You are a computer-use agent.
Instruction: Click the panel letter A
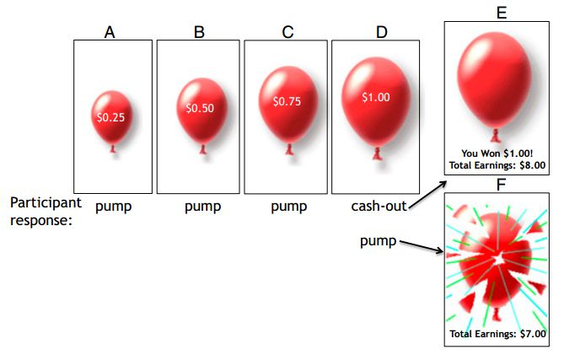(110, 32)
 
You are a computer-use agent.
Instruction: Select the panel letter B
(199, 32)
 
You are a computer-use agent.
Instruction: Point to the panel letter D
(381, 32)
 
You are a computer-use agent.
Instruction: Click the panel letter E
(501, 13)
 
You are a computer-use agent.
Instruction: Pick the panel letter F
(501, 184)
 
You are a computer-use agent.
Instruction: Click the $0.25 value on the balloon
(110, 117)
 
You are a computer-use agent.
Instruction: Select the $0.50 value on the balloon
(201, 109)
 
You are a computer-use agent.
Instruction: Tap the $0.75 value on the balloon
(287, 100)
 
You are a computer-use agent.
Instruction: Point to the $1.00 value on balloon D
(376, 97)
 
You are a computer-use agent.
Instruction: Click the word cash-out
(380, 206)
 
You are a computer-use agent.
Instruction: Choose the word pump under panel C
(289, 206)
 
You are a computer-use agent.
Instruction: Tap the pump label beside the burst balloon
(379, 242)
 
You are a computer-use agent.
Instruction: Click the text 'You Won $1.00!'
(497, 153)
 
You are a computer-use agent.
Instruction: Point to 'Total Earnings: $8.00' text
(497, 164)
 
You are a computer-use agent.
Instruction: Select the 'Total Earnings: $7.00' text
(497, 334)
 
